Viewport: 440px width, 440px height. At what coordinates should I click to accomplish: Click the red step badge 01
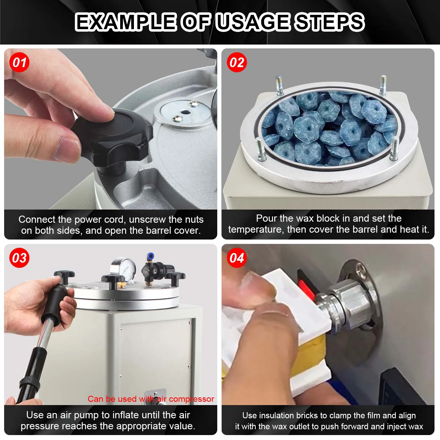(x=19, y=62)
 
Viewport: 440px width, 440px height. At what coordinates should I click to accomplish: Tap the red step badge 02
(x=237, y=62)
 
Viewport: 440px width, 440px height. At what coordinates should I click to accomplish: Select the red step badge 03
(x=19, y=258)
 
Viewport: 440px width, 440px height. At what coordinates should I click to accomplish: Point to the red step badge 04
(x=237, y=258)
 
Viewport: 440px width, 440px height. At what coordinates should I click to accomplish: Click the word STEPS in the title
(x=329, y=22)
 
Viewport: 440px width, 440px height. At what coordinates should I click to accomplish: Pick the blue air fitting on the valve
(x=150, y=257)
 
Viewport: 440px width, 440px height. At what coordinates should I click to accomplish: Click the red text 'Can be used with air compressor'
(x=151, y=399)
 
